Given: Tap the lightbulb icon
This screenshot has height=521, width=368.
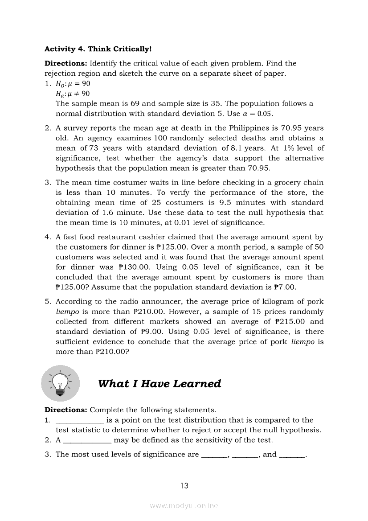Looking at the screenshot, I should (60, 383).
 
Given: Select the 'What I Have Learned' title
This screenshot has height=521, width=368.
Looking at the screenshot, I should (159, 384).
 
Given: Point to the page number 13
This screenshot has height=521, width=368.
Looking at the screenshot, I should (184, 486).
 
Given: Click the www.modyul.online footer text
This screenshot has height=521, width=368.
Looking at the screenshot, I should (184, 506).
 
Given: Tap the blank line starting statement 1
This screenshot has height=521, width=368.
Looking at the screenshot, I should (80, 420).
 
